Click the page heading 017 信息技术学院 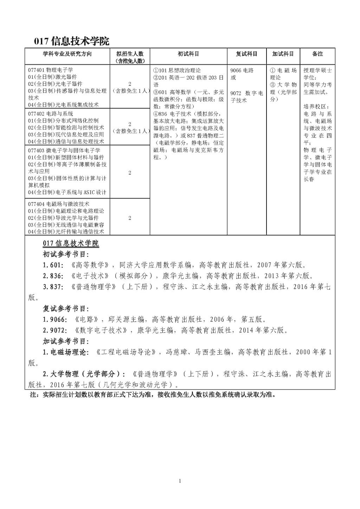pyautogui.click(x=71, y=41)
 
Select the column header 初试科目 pyautogui.click(x=188, y=54)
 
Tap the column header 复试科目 pyautogui.click(x=246, y=54)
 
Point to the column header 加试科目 pyautogui.click(x=283, y=54)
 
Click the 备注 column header pyautogui.click(x=317, y=54)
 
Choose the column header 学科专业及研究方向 pyautogui.click(x=67, y=54)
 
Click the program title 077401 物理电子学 pyautogui.click(x=51, y=70)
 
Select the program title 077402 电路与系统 pyautogui.click(x=51, y=114)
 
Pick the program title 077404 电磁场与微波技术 pyautogui.click(x=58, y=204)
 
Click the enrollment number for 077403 pyautogui.click(x=130, y=173)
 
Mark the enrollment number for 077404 pyautogui.click(x=130, y=218)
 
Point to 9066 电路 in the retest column pyautogui.click(x=242, y=70)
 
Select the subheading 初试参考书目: pyautogui.click(x=66, y=254)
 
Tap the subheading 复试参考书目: pyautogui.click(x=66, y=309)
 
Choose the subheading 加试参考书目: pyautogui.click(x=66, y=341)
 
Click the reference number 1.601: pyautogui.click(x=53, y=265)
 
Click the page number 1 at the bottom pyautogui.click(x=180, y=481)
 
